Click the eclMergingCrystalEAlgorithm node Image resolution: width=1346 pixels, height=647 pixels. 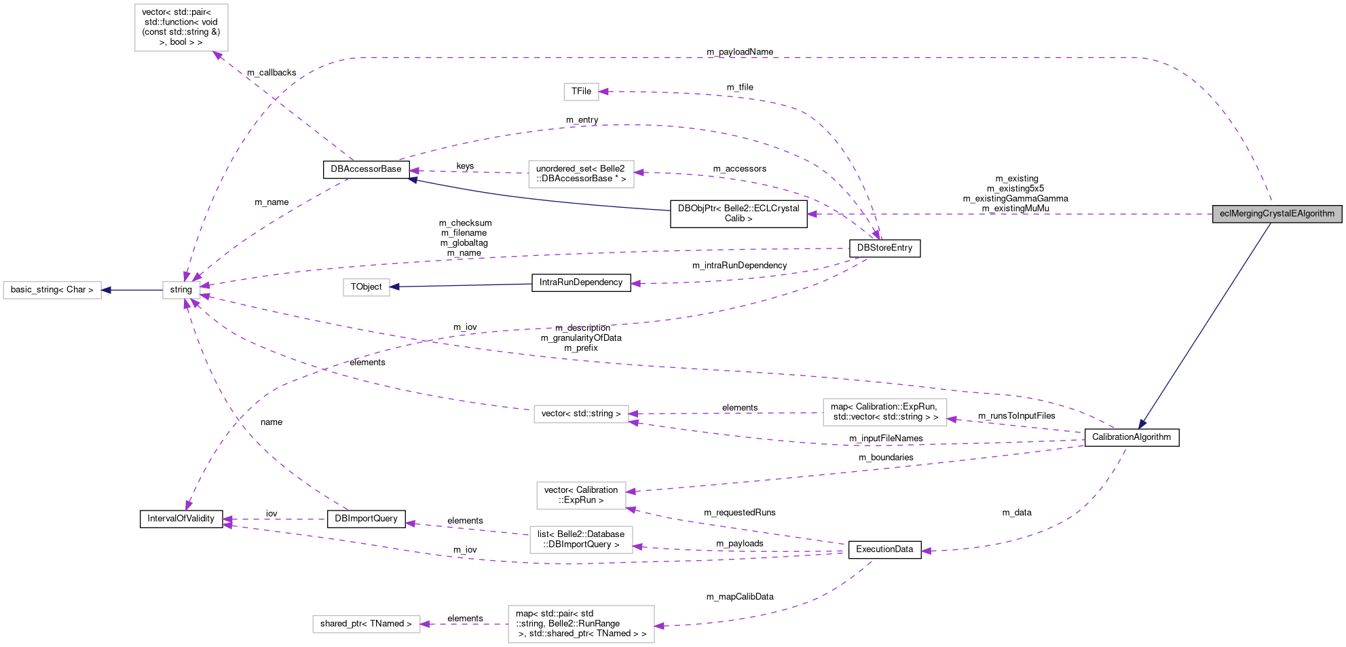tap(1277, 214)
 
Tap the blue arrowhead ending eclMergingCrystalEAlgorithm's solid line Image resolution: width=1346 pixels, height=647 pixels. tap(1142, 424)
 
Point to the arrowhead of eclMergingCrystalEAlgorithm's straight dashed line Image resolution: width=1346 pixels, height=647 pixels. tap(812, 214)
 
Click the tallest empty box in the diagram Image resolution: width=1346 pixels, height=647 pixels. tap(181, 27)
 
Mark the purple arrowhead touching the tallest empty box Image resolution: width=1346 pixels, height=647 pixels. tap(218, 55)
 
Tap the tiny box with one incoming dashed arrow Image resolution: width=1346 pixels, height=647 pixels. tap(581, 92)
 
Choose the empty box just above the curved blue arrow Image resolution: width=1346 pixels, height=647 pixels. tap(581, 174)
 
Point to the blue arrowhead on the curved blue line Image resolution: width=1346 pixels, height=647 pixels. tap(412, 180)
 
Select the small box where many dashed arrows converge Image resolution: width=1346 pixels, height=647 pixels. tap(181, 290)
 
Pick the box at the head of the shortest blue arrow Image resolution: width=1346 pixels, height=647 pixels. tap(52, 290)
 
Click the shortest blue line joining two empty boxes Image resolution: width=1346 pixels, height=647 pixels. tap(132, 290)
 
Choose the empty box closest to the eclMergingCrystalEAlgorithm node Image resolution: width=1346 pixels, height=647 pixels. tap(884, 412)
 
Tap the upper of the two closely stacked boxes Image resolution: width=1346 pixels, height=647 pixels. tap(581, 495)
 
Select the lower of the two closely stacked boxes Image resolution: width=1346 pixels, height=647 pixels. tap(581, 540)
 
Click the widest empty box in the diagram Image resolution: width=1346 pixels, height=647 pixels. tap(581, 624)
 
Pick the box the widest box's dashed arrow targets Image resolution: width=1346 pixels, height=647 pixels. tap(366, 624)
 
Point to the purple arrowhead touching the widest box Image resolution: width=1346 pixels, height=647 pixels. tap(659, 625)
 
